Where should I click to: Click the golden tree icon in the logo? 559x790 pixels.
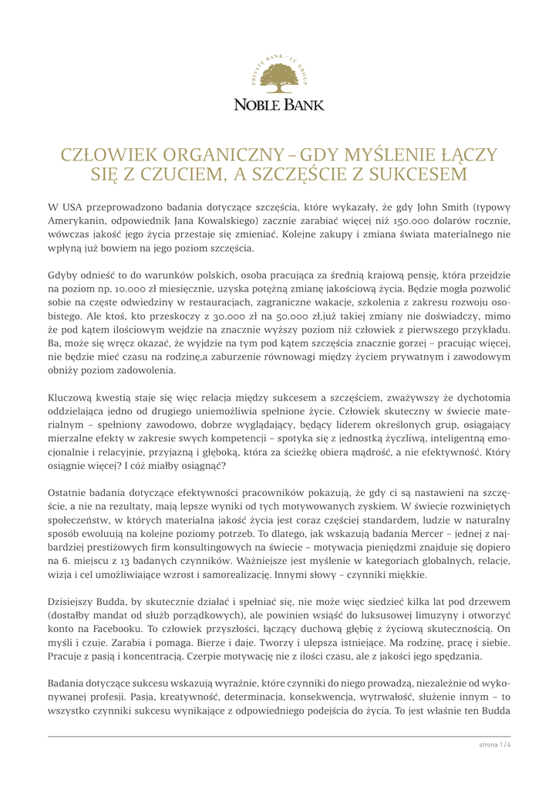[x=279, y=78]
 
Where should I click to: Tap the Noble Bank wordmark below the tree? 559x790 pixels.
[x=279, y=104]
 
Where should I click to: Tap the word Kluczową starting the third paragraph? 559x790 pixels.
[x=72, y=397]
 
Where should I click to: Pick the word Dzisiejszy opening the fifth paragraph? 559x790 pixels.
[x=76, y=602]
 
